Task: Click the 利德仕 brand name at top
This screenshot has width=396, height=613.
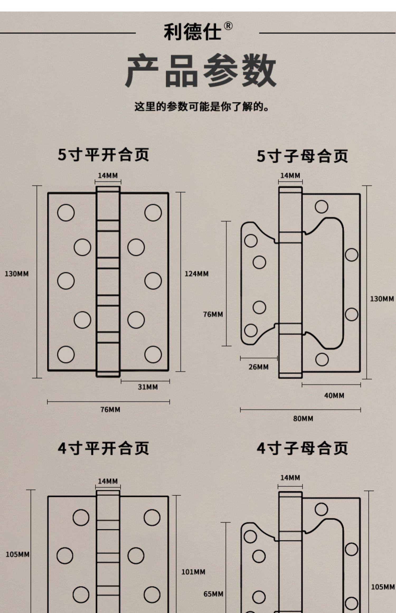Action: [x=192, y=32]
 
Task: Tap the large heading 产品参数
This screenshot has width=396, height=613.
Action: [x=201, y=70]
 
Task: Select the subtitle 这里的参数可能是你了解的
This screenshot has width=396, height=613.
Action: [x=201, y=107]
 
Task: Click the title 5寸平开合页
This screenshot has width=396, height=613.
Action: [x=103, y=155]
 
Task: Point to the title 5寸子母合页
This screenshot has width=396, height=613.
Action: [x=302, y=156]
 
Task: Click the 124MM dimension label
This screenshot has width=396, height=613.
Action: [x=196, y=274]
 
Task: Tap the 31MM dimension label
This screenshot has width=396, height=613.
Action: [x=148, y=387]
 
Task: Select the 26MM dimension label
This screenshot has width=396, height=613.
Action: [x=258, y=367]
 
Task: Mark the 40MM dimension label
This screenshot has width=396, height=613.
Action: [x=334, y=395]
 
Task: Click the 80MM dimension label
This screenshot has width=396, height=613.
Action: [x=303, y=418]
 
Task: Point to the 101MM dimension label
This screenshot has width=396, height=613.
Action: [x=193, y=572]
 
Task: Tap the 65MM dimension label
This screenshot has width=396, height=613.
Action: [x=213, y=594]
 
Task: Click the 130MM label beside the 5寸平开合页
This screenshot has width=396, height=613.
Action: [x=17, y=274]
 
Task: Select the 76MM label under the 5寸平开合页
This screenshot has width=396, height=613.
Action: [x=110, y=409]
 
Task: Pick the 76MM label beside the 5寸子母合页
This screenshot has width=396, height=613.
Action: [x=213, y=314]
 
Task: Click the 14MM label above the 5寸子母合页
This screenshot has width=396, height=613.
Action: [x=290, y=176]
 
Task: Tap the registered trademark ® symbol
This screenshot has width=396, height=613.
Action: [x=228, y=26]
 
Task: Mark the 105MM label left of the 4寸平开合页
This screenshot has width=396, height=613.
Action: [x=17, y=554]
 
